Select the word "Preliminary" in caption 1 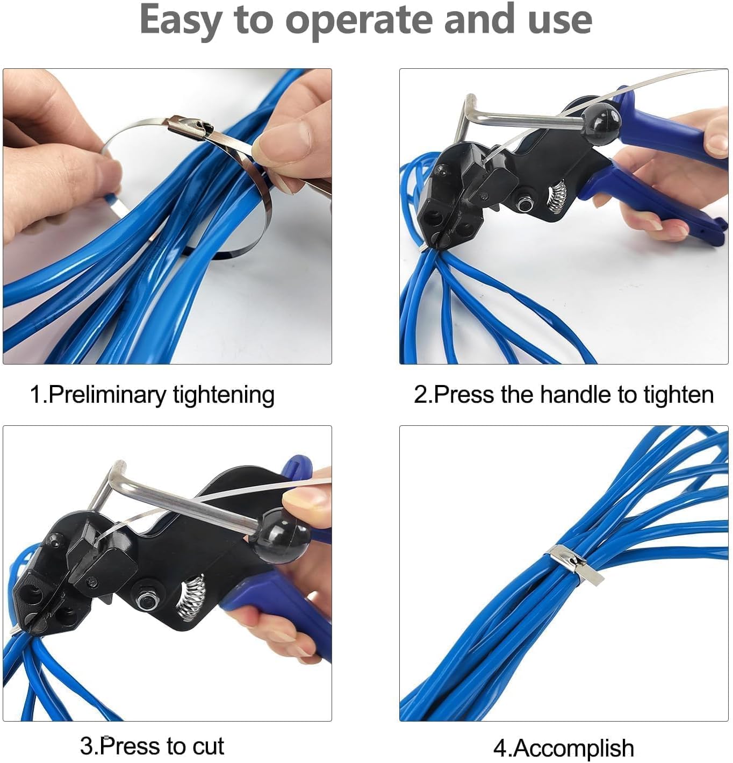click(x=107, y=395)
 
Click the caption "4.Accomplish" click(x=563, y=748)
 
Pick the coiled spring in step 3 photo click(x=191, y=597)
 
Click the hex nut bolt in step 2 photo click(x=523, y=204)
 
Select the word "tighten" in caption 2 click(x=679, y=394)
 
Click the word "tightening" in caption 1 click(x=224, y=395)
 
